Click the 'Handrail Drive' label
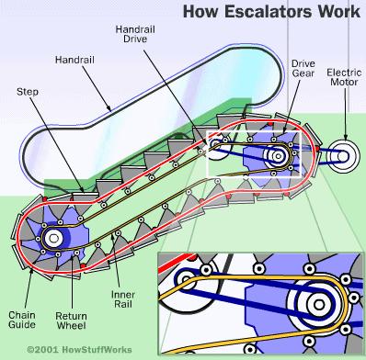[x=135, y=34]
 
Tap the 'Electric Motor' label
[x=344, y=77]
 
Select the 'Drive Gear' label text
[x=303, y=68]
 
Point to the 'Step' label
[x=28, y=92]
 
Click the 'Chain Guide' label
[x=22, y=320]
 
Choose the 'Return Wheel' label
[x=71, y=321]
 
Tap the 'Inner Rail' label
[x=122, y=299]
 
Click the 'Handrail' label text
[x=74, y=60]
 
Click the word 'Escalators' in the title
[x=268, y=12]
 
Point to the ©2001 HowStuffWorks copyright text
[x=79, y=350]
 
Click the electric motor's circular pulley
[x=343, y=156]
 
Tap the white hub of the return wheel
[x=53, y=238]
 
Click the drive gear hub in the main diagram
[x=278, y=156]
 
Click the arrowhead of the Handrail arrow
[x=109, y=107]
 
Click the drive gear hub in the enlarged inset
[x=319, y=305]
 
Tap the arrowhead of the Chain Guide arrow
[x=31, y=271]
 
